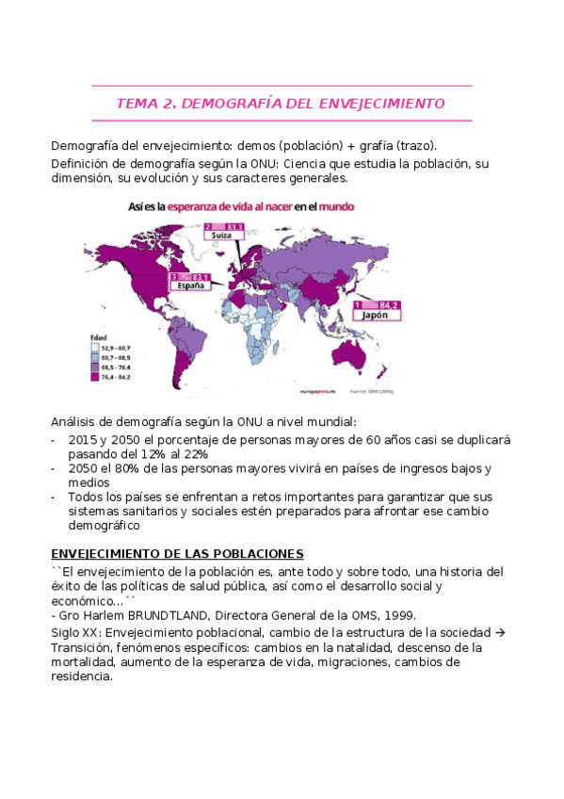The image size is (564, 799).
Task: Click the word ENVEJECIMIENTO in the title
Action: [379, 104]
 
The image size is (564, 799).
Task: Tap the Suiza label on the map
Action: [222, 235]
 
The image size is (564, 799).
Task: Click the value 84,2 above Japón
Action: [388, 304]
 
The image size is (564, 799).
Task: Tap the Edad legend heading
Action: [98, 337]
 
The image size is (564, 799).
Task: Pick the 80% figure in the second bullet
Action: [118, 467]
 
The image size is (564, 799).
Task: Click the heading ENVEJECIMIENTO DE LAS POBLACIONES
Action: [176, 553]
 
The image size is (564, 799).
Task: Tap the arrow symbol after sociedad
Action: [500, 632]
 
